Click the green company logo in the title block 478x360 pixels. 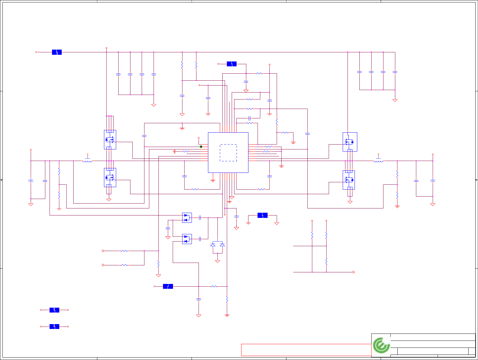tap(381, 345)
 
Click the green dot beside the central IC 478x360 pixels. tap(201, 147)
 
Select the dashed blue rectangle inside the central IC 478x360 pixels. tap(228, 153)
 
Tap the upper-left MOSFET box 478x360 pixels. tap(110, 140)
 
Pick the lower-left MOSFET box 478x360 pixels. tap(110, 177)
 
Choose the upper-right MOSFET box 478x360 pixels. tap(350, 142)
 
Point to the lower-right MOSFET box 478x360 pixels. tap(348, 180)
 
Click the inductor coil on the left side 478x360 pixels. tap(88, 161)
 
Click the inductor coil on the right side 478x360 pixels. tap(378, 161)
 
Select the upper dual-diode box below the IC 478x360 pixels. tap(187, 218)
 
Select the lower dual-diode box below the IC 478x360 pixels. tap(187, 239)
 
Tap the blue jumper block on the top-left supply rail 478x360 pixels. tap(57, 52)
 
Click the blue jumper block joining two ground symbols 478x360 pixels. tap(262, 215)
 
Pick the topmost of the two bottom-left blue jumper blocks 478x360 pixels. tap(54, 310)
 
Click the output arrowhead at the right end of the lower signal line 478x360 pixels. tap(353, 272)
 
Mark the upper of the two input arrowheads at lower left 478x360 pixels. tap(103, 251)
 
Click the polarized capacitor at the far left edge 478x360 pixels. tap(31, 180)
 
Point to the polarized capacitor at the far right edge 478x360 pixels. tap(433, 180)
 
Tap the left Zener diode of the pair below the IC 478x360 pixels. tap(213, 245)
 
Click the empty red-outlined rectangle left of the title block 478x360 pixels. tap(306, 350)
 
